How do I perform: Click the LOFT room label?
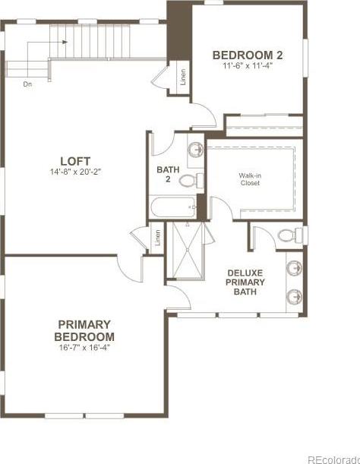pos(75,161)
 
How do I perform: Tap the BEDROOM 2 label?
pos(248,55)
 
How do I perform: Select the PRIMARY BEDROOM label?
pos(84,330)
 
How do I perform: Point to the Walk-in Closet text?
pos(250,179)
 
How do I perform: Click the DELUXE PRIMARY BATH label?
pos(245,282)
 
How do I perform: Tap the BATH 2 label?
pos(168,175)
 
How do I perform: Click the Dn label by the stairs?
pos(27,84)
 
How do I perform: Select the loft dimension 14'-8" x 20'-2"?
pos(76,172)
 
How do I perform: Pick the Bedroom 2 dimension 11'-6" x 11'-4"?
pos(248,66)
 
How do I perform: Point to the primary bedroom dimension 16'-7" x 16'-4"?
pos(84,347)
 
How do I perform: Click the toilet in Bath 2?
pos(191,180)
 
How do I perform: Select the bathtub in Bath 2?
pos(173,207)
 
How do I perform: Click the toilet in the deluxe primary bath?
pos(291,235)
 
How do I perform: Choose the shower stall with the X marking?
pos(188,251)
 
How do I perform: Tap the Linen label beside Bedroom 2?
pos(183,77)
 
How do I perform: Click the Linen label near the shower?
pos(158,238)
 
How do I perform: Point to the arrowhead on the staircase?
pos(65,42)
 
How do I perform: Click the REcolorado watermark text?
pos(334,459)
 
